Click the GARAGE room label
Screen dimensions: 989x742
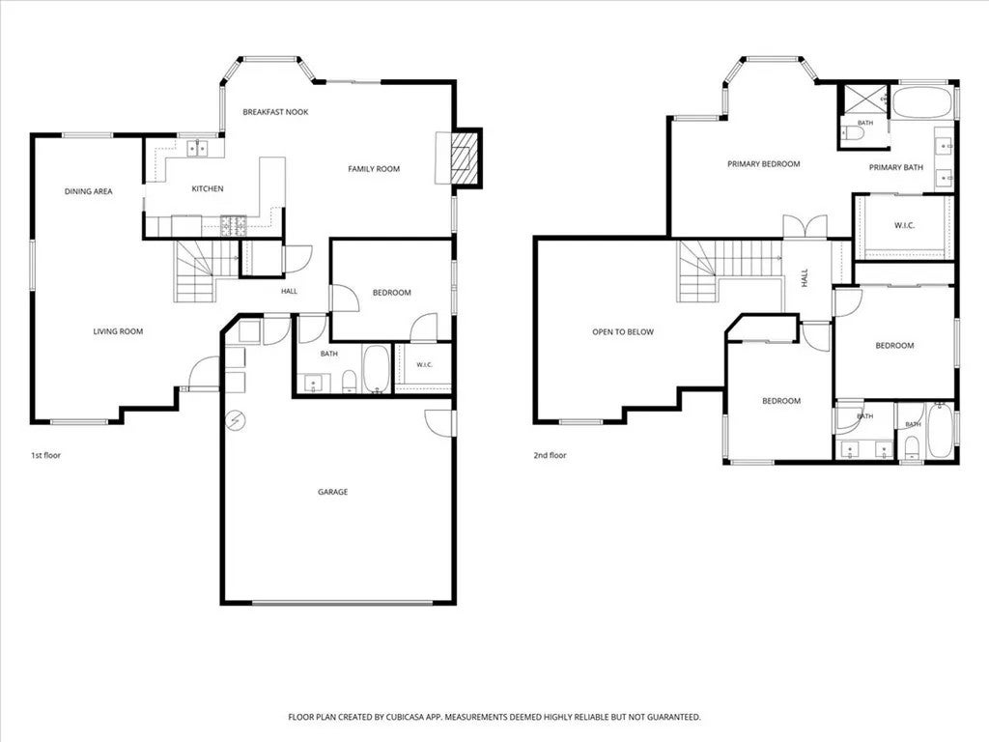coord(332,492)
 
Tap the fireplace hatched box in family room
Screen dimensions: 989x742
coord(466,157)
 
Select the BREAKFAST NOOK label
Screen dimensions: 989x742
coord(275,112)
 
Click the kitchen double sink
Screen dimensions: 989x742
coord(197,148)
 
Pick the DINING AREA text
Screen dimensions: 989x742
coord(88,191)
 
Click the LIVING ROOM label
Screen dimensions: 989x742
coord(118,331)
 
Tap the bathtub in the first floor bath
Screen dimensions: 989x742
coord(377,369)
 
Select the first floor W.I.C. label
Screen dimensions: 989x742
coord(425,364)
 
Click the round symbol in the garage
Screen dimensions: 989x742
coord(238,419)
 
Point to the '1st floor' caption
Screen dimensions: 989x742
coord(46,455)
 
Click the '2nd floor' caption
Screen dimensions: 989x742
coord(550,455)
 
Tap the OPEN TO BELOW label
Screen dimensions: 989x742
coord(623,332)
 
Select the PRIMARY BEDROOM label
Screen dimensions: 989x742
coord(764,164)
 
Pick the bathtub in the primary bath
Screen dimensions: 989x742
coord(923,102)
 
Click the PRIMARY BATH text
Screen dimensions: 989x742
coord(895,167)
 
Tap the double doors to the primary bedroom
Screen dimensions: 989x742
coord(805,227)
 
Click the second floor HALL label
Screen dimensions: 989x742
coord(805,278)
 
